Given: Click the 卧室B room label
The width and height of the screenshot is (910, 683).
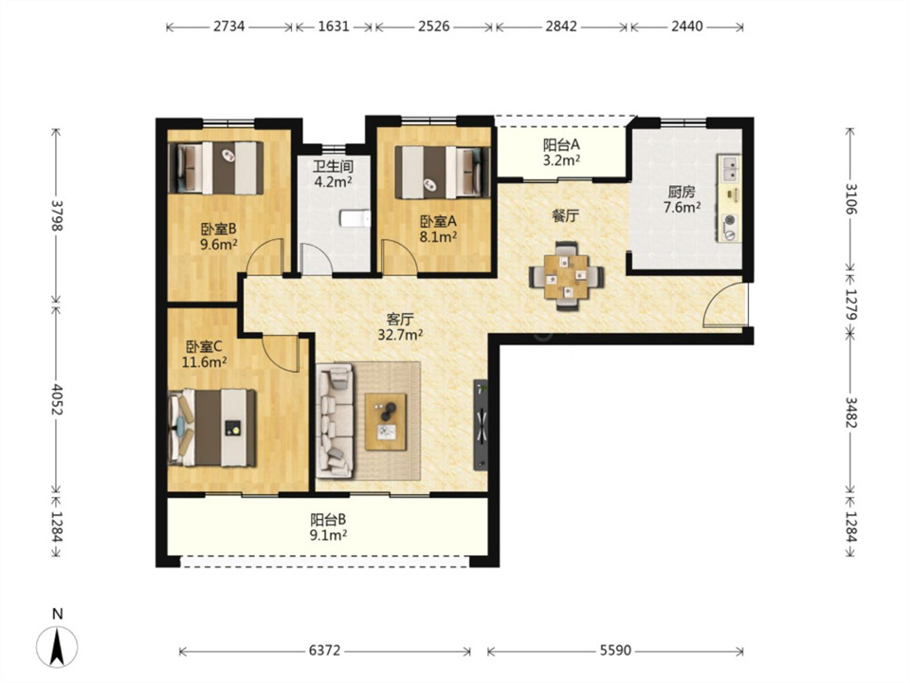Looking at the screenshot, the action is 219,229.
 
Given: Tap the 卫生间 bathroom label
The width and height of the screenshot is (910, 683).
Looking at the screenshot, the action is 333,167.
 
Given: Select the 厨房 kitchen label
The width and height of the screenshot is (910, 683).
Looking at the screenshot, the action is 682,192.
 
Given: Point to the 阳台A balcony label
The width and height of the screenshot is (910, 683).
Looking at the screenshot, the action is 561,144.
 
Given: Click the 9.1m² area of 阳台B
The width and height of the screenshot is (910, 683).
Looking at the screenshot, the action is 328,535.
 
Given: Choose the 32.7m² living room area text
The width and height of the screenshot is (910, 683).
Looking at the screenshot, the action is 400,335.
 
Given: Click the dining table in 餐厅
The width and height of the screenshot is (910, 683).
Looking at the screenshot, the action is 567,276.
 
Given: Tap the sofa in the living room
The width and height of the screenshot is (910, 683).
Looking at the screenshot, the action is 336,420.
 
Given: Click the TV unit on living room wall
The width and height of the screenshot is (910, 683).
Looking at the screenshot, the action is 482,425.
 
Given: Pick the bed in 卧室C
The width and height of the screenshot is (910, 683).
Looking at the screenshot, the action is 211,428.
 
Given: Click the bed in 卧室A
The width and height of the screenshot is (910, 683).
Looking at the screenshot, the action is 443,173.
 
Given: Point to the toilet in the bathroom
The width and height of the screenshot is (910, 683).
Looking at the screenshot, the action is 355,218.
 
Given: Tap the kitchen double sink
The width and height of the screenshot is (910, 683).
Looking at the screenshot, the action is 728,169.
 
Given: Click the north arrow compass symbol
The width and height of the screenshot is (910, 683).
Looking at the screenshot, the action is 57,646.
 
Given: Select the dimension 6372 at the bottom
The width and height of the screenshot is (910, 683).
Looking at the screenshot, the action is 324,651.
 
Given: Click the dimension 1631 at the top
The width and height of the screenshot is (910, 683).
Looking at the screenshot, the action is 334,27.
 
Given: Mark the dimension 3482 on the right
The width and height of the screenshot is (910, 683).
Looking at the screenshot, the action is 851,413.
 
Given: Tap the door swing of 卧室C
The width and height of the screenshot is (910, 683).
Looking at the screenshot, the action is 279,353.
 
